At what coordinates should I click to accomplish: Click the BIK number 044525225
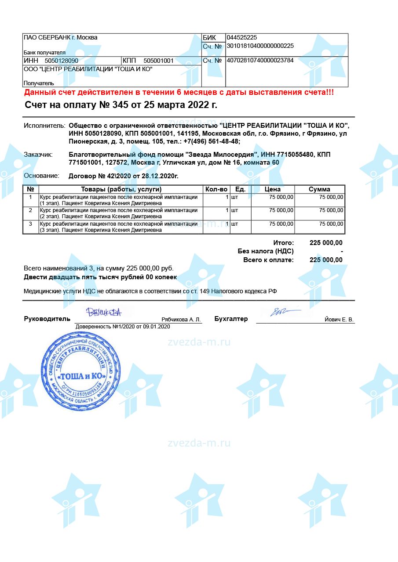click(x=241, y=38)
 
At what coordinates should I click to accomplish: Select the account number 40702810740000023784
click(x=259, y=61)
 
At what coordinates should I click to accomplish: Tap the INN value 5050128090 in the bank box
click(x=62, y=61)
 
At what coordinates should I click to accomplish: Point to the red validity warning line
click(x=179, y=93)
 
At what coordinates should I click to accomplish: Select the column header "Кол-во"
click(x=216, y=189)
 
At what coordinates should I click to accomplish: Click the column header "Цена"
click(x=273, y=189)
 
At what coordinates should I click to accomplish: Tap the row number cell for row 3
click(x=30, y=224)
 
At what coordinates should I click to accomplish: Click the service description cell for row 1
click(x=119, y=200)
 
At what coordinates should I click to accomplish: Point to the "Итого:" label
click(x=283, y=243)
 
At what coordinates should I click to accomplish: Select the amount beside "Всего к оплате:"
click(x=326, y=260)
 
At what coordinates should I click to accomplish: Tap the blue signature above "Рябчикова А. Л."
click(x=104, y=312)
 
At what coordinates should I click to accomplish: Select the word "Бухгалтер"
click(x=231, y=319)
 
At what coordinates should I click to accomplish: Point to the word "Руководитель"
click(x=47, y=319)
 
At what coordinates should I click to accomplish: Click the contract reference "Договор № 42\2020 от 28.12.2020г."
click(x=124, y=176)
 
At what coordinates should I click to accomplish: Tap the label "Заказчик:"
click(x=38, y=155)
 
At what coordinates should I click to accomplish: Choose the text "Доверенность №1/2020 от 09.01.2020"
click(x=123, y=327)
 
